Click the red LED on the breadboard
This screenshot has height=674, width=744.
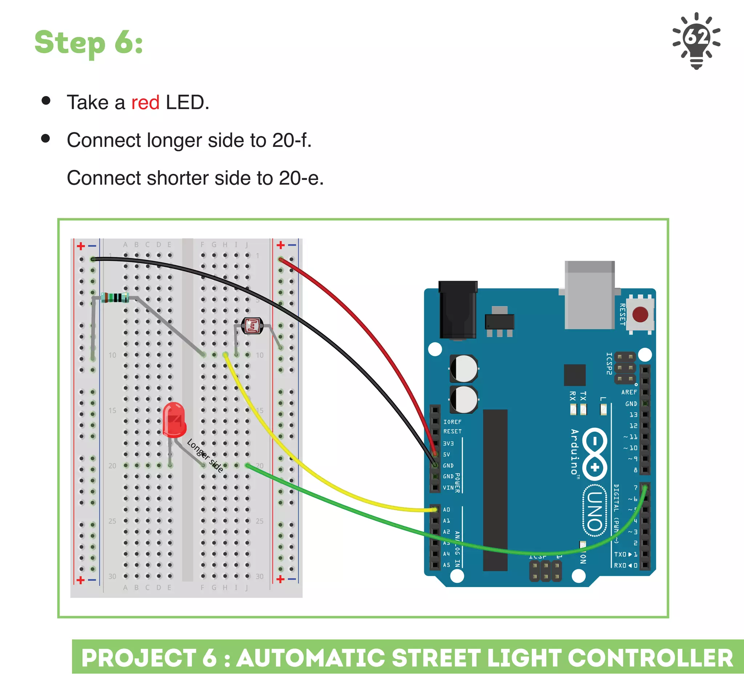tap(174, 420)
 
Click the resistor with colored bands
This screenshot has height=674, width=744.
tap(115, 298)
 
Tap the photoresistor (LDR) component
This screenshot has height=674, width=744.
tap(252, 326)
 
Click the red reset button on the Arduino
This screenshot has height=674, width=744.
tap(640, 314)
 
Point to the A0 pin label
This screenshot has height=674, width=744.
tap(446, 510)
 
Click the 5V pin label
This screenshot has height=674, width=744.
tap(446, 455)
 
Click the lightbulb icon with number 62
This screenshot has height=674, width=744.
tap(696, 40)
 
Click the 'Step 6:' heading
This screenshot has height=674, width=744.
tap(89, 43)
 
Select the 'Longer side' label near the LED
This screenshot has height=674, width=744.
tap(205, 455)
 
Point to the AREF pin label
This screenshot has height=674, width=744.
tap(629, 392)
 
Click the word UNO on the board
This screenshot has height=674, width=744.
tap(595, 510)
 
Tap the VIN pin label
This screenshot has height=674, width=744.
tap(448, 488)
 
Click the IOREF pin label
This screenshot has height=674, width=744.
tap(452, 422)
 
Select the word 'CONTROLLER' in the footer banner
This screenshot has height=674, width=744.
tap(650, 658)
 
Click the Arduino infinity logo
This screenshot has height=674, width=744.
tap(595, 454)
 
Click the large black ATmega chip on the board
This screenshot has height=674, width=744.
tap(495, 490)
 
